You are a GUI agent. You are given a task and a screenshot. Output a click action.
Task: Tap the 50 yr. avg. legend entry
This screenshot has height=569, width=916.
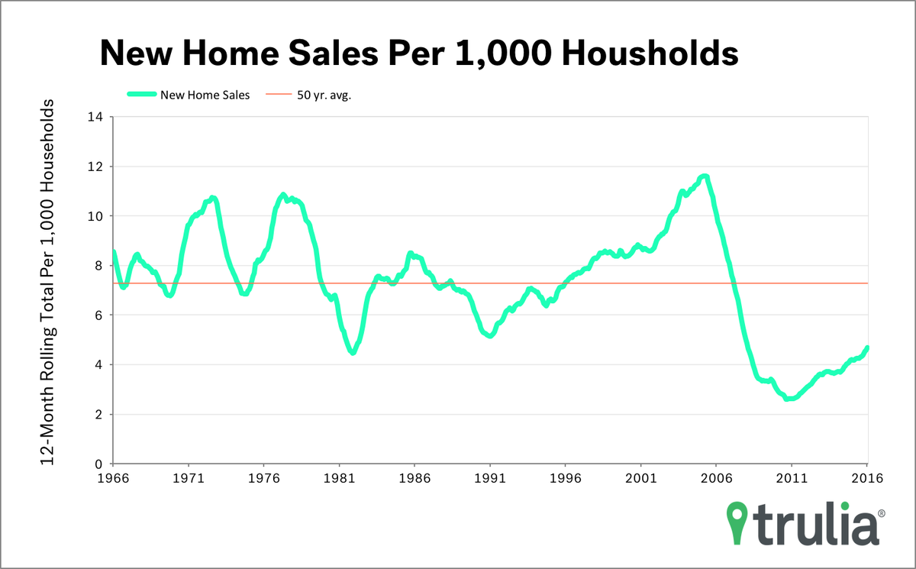[324, 95]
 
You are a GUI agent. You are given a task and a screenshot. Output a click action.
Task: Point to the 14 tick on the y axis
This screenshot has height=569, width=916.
[95, 117]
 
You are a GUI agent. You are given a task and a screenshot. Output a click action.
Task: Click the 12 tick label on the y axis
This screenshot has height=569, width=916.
[95, 166]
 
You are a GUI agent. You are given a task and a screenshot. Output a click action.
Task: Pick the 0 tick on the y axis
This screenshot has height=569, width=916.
[98, 464]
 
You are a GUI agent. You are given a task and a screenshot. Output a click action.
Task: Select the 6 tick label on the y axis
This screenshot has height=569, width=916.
[98, 315]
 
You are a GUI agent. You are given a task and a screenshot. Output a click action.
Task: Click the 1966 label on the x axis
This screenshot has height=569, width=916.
[113, 479]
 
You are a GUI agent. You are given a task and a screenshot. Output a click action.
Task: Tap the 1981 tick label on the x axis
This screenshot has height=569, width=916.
[339, 479]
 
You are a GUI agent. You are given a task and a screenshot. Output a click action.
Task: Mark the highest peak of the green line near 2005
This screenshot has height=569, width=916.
[705, 176]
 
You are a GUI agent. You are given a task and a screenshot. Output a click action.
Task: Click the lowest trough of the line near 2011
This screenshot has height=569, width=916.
[789, 399]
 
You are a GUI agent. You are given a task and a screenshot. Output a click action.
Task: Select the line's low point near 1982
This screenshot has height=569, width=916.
[353, 352]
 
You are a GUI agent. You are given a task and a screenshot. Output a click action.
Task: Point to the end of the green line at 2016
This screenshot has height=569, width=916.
[867, 348]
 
